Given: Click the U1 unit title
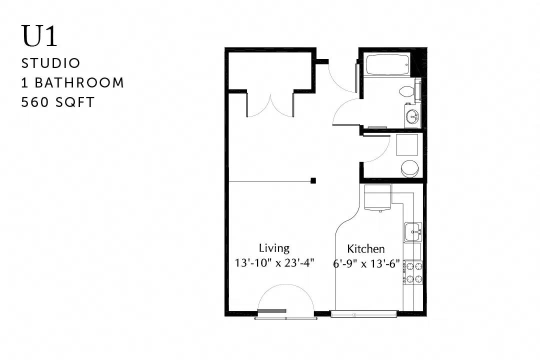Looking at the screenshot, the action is (39, 36).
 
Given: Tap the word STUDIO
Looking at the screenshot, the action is (50, 63).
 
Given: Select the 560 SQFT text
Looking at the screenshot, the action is (57, 102).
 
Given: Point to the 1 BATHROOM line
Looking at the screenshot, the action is (72, 82).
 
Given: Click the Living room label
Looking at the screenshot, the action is (274, 248).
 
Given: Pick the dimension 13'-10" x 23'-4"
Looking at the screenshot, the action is (274, 263).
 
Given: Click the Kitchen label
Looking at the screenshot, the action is (365, 248).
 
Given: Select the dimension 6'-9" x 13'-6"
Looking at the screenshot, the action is (366, 264).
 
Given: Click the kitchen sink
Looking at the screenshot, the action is (413, 232).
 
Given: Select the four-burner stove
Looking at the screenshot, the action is (413, 272).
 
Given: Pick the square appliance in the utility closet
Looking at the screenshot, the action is (406, 145).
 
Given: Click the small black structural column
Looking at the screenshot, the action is (313, 180).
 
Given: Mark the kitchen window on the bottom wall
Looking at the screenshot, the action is (364, 314).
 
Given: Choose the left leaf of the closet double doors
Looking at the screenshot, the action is (258, 105).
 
